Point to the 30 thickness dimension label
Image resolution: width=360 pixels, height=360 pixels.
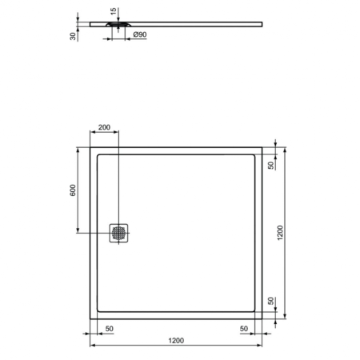pyautogui.click(x=74, y=35)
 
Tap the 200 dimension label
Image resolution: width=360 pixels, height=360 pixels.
pyautogui.click(x=105, y=129)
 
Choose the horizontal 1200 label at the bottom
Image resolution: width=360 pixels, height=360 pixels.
pyautogui.click(x=176, y=340)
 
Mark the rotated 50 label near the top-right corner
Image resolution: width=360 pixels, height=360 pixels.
pyautogui.click(x=270, y=166)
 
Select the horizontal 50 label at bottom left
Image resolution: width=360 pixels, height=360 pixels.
pyautogui.click(x=108, y=329)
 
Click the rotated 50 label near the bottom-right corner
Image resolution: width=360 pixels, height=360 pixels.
pyautogui.click(x=270, y=302)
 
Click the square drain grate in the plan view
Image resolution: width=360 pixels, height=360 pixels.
pyautogui.click(x=119, y=232)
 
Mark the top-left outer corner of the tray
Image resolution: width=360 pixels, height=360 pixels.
pyautogui.click(x=88, y=146)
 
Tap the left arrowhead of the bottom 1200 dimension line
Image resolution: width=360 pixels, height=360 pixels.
pyautogui.click(x=90, y=346)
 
